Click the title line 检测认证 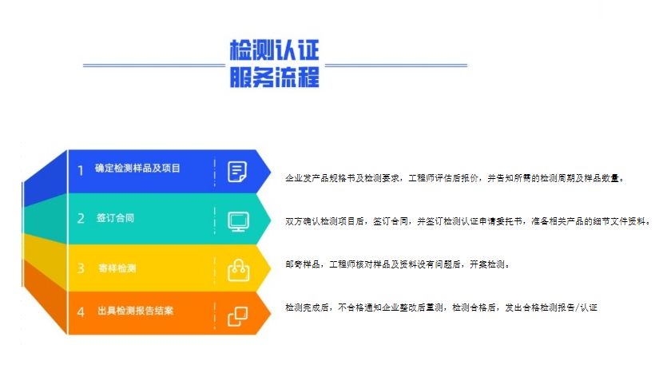pos(275,50)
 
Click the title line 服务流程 pos(275,77)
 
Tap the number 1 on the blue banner pos(80,170)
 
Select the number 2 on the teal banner pos(81,218)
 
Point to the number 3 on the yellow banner pos(81,268)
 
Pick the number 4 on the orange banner pos(81,312)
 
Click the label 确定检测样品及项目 pos(137,169)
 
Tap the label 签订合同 pos(115,218)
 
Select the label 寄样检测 pos(117,268)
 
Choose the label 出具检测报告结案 pos(135,311)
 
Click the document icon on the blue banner pos(237,172)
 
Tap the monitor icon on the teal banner pos(238,222)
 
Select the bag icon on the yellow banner pos(238,270)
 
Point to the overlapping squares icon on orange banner pos(238,316)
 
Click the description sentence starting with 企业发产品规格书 pos(455,179)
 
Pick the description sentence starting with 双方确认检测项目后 pos(468,221)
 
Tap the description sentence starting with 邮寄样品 pos(398,264)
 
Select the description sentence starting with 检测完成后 pos(441,307)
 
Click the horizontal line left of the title pos(154,65)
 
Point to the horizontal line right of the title pos(396,65)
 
